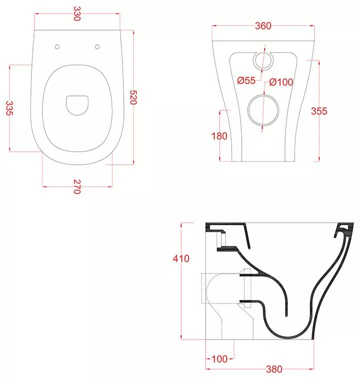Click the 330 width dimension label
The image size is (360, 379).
click(x=76, y=13)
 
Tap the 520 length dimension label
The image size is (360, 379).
click(x=133, y=97)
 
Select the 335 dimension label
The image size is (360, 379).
click(x=9, y=108)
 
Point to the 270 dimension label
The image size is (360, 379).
click(x=77, y=187)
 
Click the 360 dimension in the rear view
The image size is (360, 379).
click(x=263, y=26)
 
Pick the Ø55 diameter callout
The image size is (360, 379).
click(x=246, y=80)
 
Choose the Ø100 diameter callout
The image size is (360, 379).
click(x=281, y=82)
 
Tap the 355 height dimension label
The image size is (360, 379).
click(x=319, y=111)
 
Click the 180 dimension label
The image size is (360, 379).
click(x=219, y=136)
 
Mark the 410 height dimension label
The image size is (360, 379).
click(x=181, y=259)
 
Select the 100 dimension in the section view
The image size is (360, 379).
click(x=220, y=359)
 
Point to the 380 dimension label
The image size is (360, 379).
click(x=274, y=369)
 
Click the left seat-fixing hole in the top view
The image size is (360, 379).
click(x=57, y=47)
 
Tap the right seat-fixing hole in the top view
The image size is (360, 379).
click(x=97, y=47)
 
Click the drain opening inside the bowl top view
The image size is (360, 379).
click(x=77, y=105)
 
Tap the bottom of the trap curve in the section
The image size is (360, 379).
click(x=288, y=337)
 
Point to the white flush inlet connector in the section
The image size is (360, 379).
click(x=222, y=240)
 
